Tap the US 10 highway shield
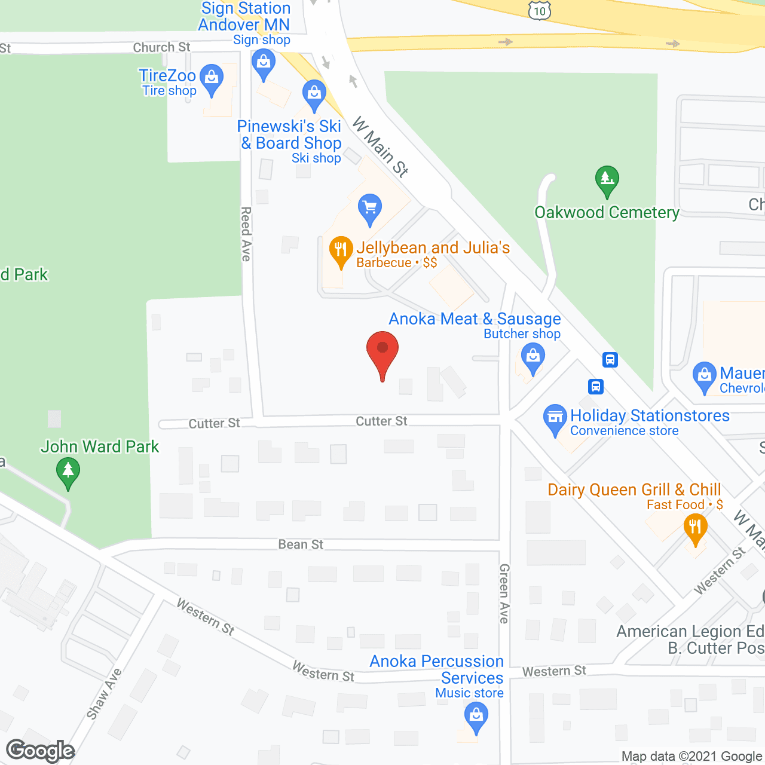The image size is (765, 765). (539, 10)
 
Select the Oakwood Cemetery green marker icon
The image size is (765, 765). (607, 179)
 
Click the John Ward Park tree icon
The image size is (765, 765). (68, 472)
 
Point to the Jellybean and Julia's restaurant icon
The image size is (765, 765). (341, 250)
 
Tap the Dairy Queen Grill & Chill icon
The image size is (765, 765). (695, 528)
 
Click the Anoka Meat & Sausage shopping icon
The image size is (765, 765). (533, 359)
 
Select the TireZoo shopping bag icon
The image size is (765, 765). (211, 79)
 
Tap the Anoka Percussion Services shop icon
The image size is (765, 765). (476, 716)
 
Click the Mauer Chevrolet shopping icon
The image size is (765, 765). (704, 377)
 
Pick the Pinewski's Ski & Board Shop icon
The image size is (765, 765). (314, 94)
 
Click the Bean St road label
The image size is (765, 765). (301, 544)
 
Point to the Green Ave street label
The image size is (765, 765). (504, 593)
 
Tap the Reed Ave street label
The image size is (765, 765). (246, 234)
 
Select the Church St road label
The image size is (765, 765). (161, 47)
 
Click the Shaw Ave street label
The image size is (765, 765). (104, 693)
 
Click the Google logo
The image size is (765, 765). (41, 751)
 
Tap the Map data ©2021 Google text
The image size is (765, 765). (691, 757)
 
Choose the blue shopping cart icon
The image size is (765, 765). (370, 209)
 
